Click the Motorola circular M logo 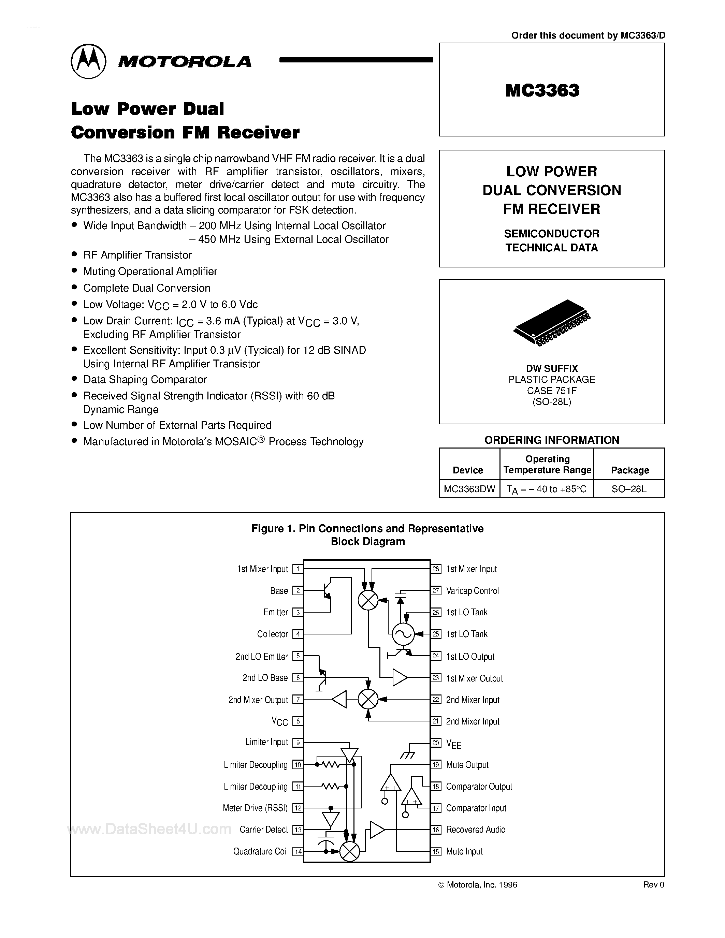[x=88, y=61]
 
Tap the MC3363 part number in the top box [x=542, y=90]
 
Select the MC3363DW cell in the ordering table [x=469, y=489]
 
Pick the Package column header [x=630, y=470]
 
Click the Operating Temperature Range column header [x=547, y=464]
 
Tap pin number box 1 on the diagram [x=298, y=569]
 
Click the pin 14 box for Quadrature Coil [x=298, y=851]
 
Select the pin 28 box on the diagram [x=436, y=569]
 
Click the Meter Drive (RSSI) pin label [x=255, y=808]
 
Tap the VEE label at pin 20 [x=453, y=744]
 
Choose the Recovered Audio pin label [x=476, y=829]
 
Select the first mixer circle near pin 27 [x=368, y=600]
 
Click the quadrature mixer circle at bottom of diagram [x=350, y=851]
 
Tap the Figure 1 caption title [x=368, y=535]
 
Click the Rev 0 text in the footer [x=653, y=884]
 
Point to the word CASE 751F [x=552, y=391]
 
